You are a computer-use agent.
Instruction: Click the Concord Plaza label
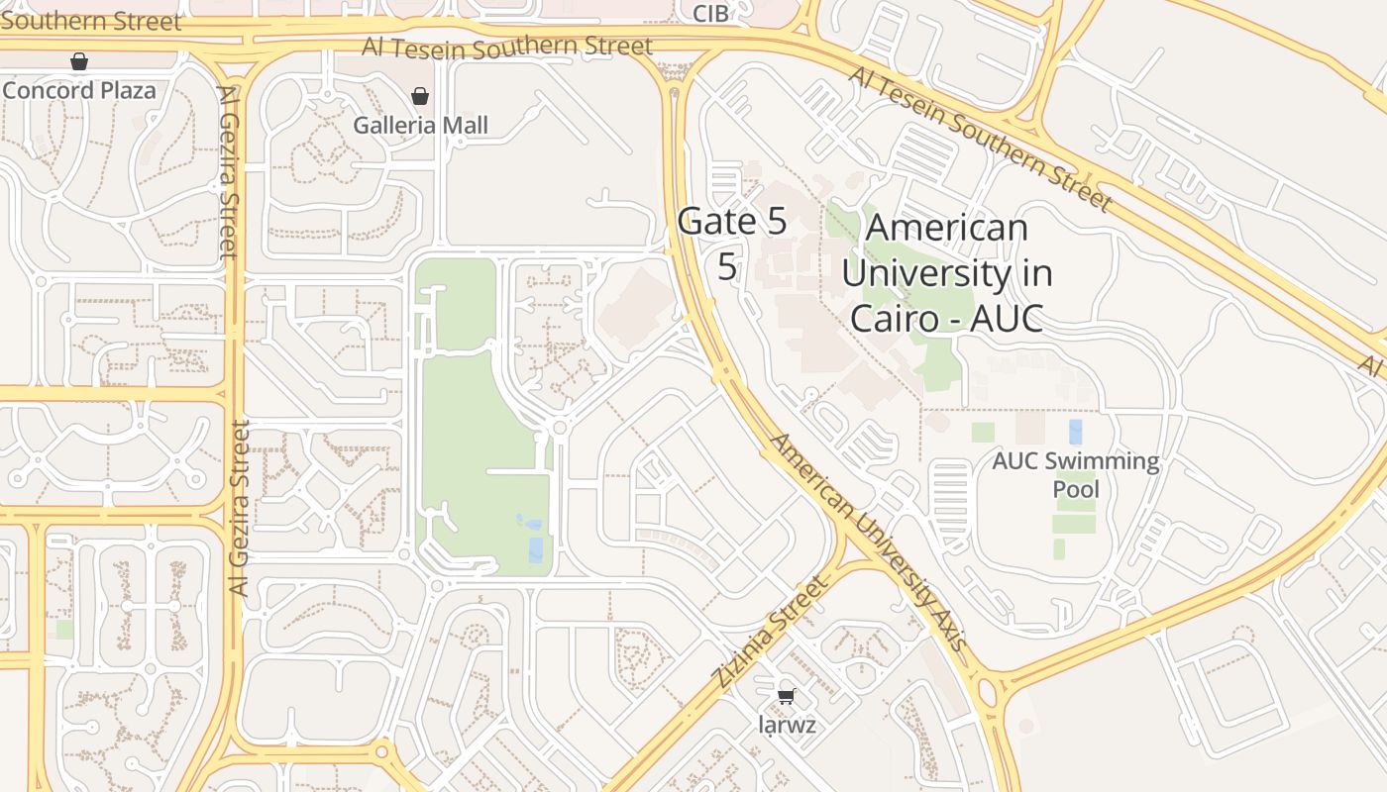tap(79, 90)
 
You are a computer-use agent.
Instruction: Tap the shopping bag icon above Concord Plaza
tap(79, 62)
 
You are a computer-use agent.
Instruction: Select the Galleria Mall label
tap(421, 126)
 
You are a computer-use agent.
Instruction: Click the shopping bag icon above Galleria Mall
tap(420, 96)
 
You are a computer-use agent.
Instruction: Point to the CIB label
tap(710, 13)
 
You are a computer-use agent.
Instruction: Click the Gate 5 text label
tap(732, 222)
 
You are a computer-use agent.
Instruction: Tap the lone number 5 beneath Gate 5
tap(727, 266)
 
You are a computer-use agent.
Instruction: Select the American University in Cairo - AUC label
tap(946, 272)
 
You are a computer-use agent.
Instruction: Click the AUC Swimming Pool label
tap(1076, 475)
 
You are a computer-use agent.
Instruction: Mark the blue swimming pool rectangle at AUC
tap(1076, 432)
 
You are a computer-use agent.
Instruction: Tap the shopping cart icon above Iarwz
tap(787, 696)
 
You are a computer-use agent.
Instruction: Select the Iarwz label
tap(787, 725)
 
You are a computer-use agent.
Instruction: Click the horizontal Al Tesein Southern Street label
tap(507, 47)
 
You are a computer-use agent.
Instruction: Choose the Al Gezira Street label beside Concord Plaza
tap(228, 171)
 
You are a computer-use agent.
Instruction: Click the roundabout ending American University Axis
tap(989, 692)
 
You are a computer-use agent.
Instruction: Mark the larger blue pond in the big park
tap(536, 549)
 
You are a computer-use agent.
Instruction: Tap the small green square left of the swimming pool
tap(983, 433)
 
